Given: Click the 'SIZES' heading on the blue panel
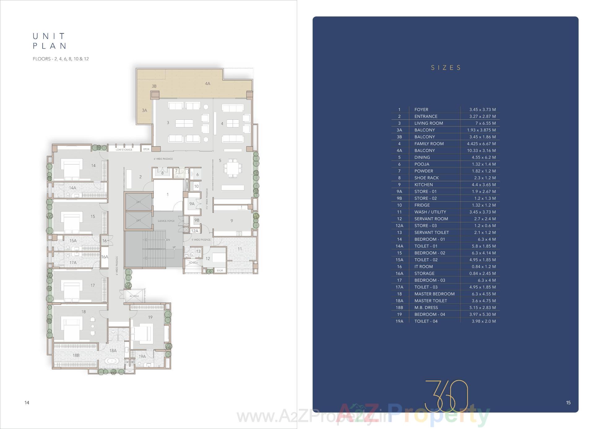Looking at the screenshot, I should tap(446, 68).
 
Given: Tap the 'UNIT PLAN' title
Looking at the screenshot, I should tap(49, 41).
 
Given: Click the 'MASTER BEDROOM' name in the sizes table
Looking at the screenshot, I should tap(434, 294).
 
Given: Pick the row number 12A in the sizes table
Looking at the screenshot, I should tap(399, 225).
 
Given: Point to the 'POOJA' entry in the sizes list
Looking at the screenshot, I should tap(422, 164).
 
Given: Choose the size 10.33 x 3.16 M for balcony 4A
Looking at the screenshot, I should tap(481, 151).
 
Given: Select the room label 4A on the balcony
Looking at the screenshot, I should tap(208, 84).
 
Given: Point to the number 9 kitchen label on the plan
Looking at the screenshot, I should tap(232, 221).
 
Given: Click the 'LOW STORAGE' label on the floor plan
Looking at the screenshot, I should tap(124, 150).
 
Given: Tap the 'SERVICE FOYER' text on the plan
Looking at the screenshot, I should tap(166, 221).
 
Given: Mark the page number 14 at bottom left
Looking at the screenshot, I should tap(27, 402).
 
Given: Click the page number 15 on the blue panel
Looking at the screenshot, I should tap(568, 402).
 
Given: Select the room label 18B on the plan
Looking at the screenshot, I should tap(76, 355).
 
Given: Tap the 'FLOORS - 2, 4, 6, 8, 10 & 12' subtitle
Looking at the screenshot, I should tap(61, 59).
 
